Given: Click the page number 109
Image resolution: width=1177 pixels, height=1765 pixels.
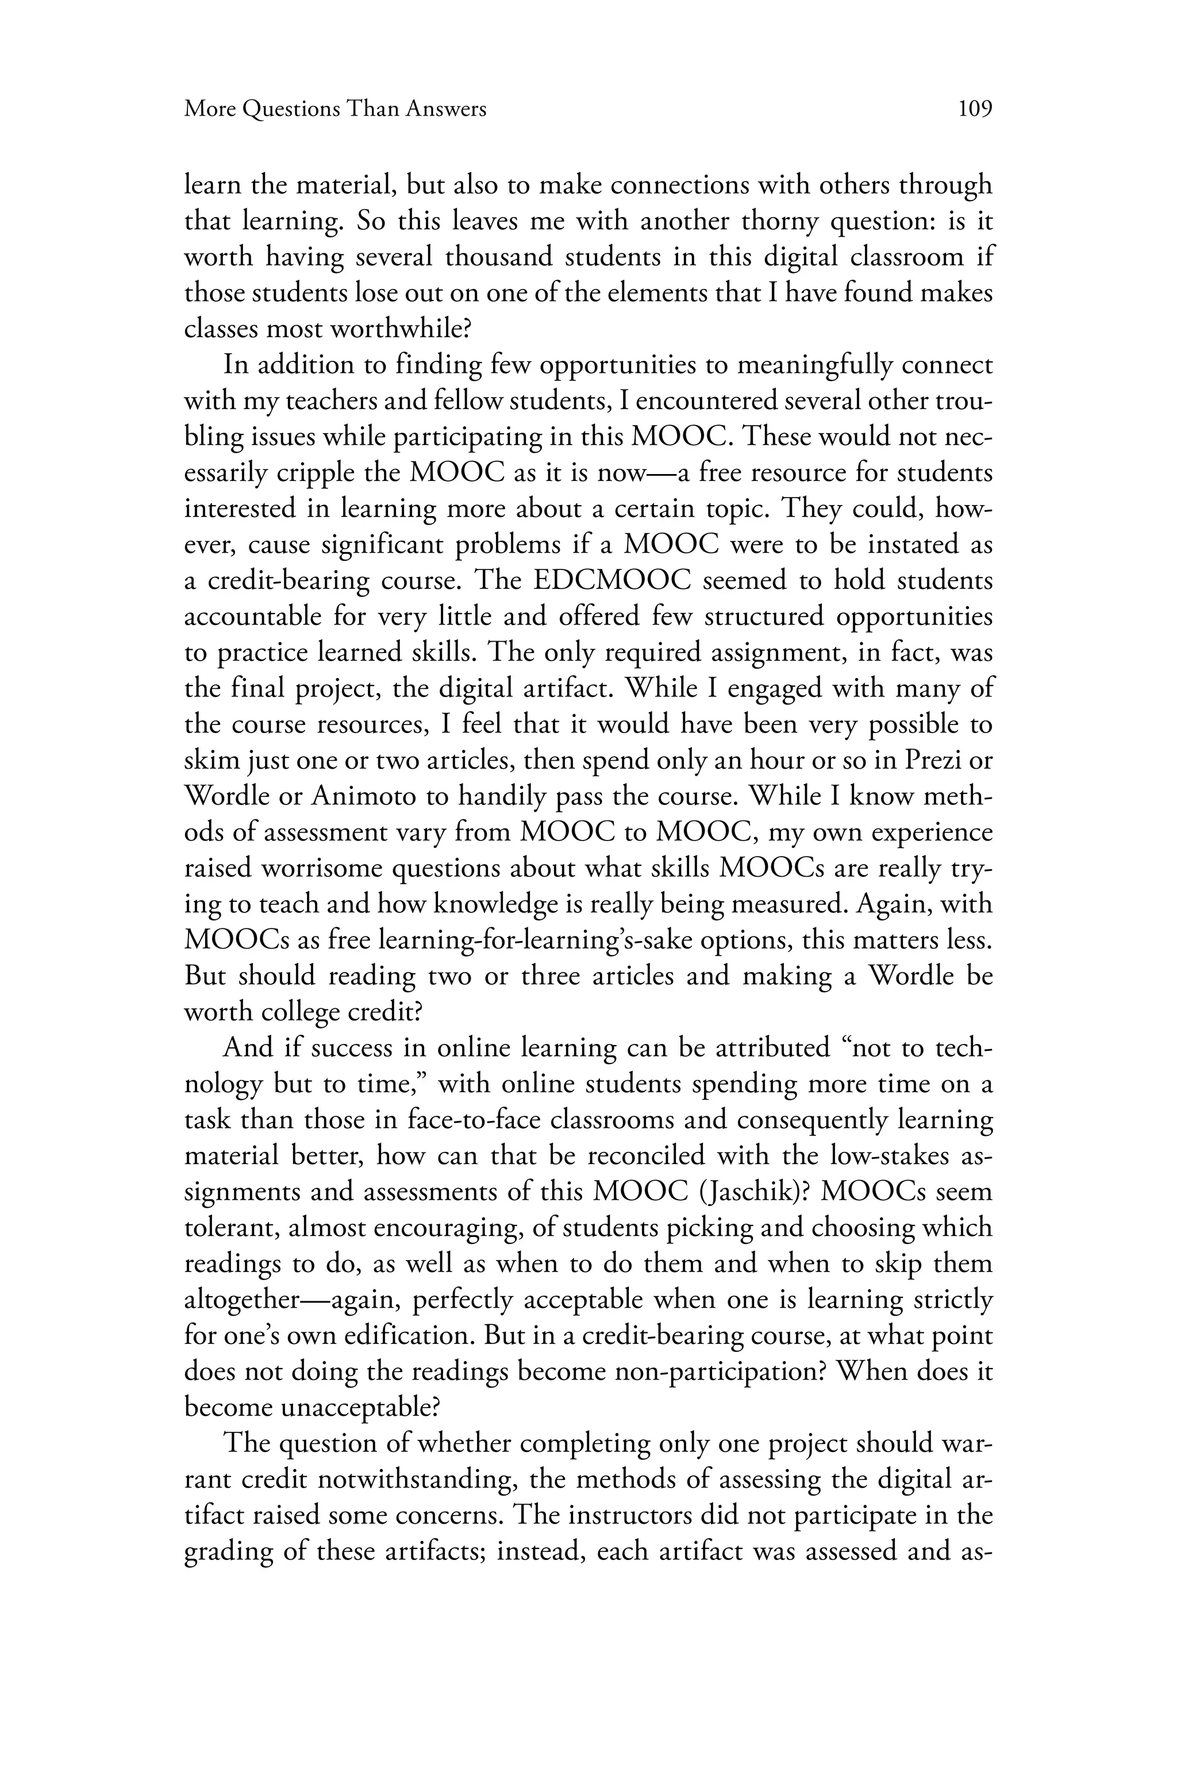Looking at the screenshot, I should point(975,110).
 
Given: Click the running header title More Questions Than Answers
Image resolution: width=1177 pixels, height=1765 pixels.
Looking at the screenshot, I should point(336,110).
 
